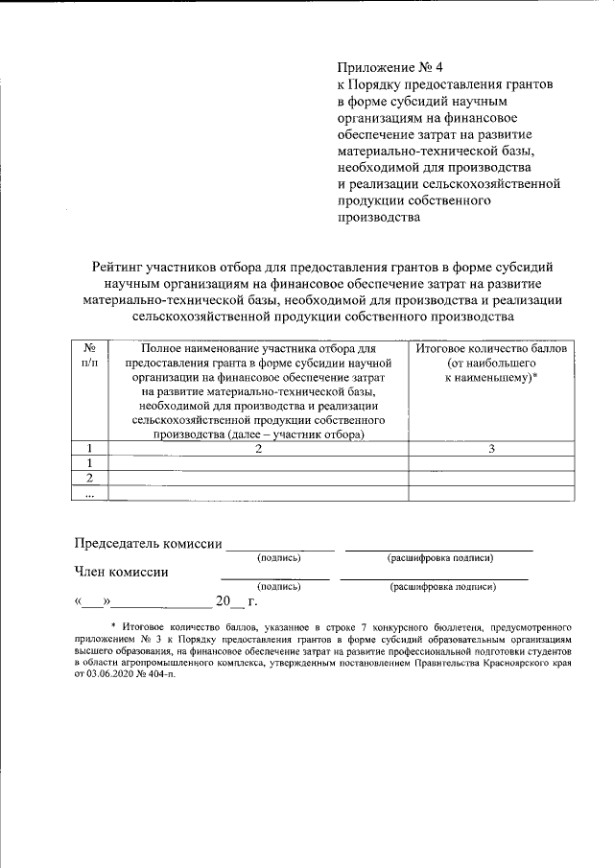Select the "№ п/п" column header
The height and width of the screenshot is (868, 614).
(x=89, y=357)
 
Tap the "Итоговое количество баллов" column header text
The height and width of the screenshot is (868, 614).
(x=490, y=349)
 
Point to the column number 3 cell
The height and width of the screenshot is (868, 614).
(x=490, y=448)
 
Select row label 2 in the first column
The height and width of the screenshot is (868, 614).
(x=89, y=478)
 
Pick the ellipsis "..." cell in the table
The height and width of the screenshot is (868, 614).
(x=89, y=493)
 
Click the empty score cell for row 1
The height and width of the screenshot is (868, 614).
(x=490, y=463)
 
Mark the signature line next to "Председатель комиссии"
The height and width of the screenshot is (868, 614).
(x=279, y=548)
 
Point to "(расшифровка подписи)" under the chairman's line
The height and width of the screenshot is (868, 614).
(x=439, y=557)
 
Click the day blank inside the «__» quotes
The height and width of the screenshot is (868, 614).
(x=94, y=603)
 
